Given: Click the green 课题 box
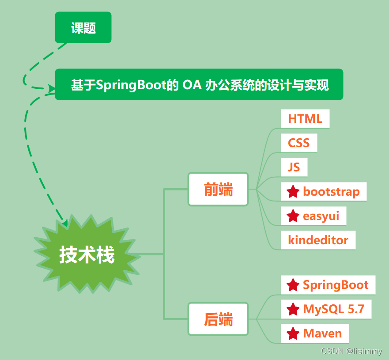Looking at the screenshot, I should (83, 28).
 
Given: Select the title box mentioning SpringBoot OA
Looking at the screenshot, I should (199, 84).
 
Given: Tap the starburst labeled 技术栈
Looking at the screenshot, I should (87, 255).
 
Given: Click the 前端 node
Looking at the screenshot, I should (218, 189).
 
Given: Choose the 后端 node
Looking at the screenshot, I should (218, 319).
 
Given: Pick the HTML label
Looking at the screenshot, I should (305, 119).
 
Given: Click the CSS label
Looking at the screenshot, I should (299, 143).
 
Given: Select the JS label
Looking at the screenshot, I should (294, 167).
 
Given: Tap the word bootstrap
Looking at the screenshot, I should (331, 192).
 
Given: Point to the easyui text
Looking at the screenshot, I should (321, 216).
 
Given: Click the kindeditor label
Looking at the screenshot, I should (318, 240).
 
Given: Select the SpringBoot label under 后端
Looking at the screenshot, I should (336, 285).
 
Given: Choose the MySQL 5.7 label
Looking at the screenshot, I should (334, 309).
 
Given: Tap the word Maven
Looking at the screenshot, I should (322, 333).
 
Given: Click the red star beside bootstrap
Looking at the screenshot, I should (293, 192).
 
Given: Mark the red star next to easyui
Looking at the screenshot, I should (293, 216).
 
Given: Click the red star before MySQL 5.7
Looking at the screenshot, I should (293, 309).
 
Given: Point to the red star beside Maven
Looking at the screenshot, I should (293, 333).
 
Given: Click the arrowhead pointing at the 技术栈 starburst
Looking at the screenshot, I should (64, 223).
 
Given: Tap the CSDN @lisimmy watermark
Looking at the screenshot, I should (351, 352).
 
